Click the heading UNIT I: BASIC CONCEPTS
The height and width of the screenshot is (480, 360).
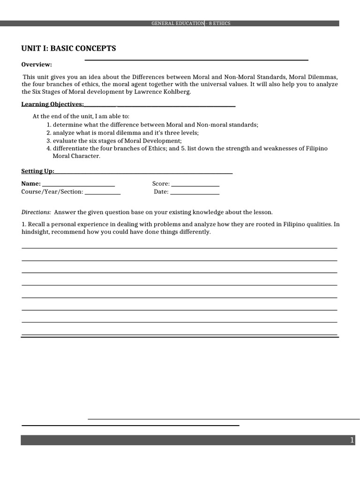[x=68, y=49]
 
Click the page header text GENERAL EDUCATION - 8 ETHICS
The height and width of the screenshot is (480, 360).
[x=190, y=23]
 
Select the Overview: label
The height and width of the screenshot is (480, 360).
[x=37, y=64]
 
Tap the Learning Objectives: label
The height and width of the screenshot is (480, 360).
[x=52, y=104]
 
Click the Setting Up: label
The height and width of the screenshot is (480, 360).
[x=38, y=171]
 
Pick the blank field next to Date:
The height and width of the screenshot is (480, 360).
[x=195, y=192]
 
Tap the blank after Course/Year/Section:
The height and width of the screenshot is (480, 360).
[x=103, y=192]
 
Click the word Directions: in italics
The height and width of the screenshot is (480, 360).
[x=36, y=212]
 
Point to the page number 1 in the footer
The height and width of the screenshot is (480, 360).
[x=352, y=440]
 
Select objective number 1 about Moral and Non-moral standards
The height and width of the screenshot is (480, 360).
[x=152, y=125]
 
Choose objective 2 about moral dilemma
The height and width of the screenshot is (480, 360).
[x=122, y=133]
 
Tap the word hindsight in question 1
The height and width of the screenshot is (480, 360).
[x=35, y=232]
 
